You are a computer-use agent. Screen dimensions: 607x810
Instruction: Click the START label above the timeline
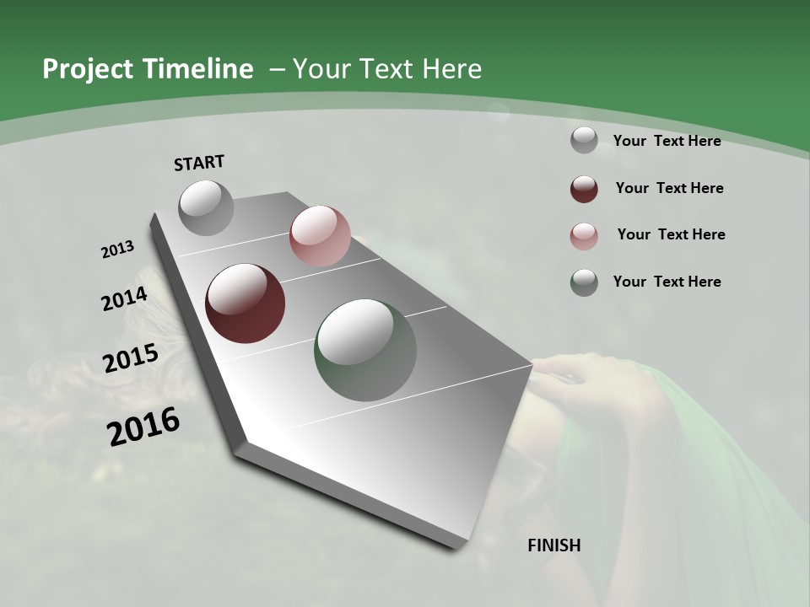[x=199, y=163]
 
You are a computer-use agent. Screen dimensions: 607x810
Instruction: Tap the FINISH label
[x=554, y=545]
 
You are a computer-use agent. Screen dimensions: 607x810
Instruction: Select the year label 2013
[x=117, y=250]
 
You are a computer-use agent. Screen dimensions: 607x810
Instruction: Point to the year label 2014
[x=124, y=298]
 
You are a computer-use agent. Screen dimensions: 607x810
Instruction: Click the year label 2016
[x=143, y=427]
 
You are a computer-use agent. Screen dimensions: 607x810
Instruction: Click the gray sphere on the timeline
[x=206, y=207]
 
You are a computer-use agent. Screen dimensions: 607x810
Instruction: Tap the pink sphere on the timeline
[x=320, y=236]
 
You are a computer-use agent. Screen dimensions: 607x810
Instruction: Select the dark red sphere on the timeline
[x=246, y=303]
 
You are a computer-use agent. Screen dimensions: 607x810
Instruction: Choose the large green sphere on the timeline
[x=365, y=350]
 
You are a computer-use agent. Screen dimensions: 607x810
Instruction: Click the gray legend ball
[x=584, y=141]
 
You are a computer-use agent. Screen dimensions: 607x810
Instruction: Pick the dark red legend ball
[x=584, y=189]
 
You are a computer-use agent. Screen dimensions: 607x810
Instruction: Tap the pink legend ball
[x=584, y=236]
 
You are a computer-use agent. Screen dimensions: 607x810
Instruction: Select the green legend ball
[x=584, y=282]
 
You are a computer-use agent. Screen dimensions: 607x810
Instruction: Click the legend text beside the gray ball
[x=667, y=141]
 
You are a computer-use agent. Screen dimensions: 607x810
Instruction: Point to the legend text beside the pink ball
[x=671, y=234]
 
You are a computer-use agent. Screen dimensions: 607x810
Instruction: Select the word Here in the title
[x=451, y=69]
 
